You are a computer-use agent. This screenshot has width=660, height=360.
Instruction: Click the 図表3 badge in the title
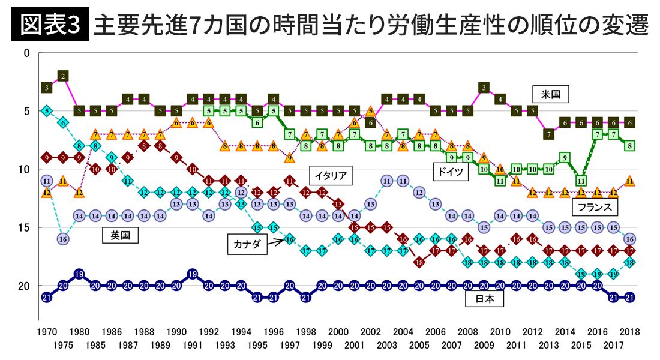point(50,25)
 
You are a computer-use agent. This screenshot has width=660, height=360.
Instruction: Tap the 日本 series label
point(484,299)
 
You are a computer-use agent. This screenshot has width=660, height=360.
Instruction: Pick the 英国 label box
point(120,235)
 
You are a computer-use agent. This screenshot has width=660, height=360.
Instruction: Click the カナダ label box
point(247,245)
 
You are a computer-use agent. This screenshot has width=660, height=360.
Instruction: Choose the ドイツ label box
point(451,172)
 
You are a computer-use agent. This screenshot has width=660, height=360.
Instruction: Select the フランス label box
point(594,208)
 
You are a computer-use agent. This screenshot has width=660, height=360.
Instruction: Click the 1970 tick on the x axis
point(47,332)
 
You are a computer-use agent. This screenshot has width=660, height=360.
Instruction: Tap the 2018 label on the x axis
point(629,332)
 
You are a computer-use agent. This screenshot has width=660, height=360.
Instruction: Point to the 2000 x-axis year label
point(338,332)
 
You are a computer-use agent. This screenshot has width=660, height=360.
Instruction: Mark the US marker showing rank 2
point(63,76)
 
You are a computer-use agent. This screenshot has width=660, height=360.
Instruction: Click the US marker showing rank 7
point(548,134)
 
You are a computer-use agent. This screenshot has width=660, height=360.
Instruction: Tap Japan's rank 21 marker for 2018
point(629,297)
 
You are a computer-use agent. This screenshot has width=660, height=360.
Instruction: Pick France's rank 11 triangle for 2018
point(629,180)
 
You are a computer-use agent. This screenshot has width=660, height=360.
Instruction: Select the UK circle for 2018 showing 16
point(629,238)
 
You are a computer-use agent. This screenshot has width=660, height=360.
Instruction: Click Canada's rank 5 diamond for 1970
point(47,110)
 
